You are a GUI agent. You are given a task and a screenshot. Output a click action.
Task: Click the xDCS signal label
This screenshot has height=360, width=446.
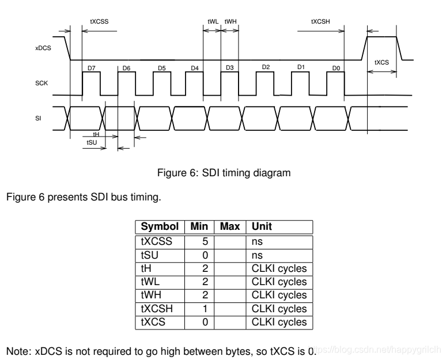click(x=43, y=49)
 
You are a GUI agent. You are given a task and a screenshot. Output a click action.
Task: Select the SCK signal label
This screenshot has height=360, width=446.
click(x=40, y=84)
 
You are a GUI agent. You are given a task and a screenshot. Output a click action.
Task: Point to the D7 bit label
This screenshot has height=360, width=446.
click(x=91, y=68)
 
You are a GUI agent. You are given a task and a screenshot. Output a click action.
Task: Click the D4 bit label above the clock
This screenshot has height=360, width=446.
click(x=195, y=68)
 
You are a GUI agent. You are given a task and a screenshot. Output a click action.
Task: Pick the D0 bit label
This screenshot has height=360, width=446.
click(x=337, y=68)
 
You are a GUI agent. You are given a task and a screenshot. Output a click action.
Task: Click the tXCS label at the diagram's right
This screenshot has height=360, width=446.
click(x=381, y=62)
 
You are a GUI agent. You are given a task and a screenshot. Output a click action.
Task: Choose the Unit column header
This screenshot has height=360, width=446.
click(x=260, y=227)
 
